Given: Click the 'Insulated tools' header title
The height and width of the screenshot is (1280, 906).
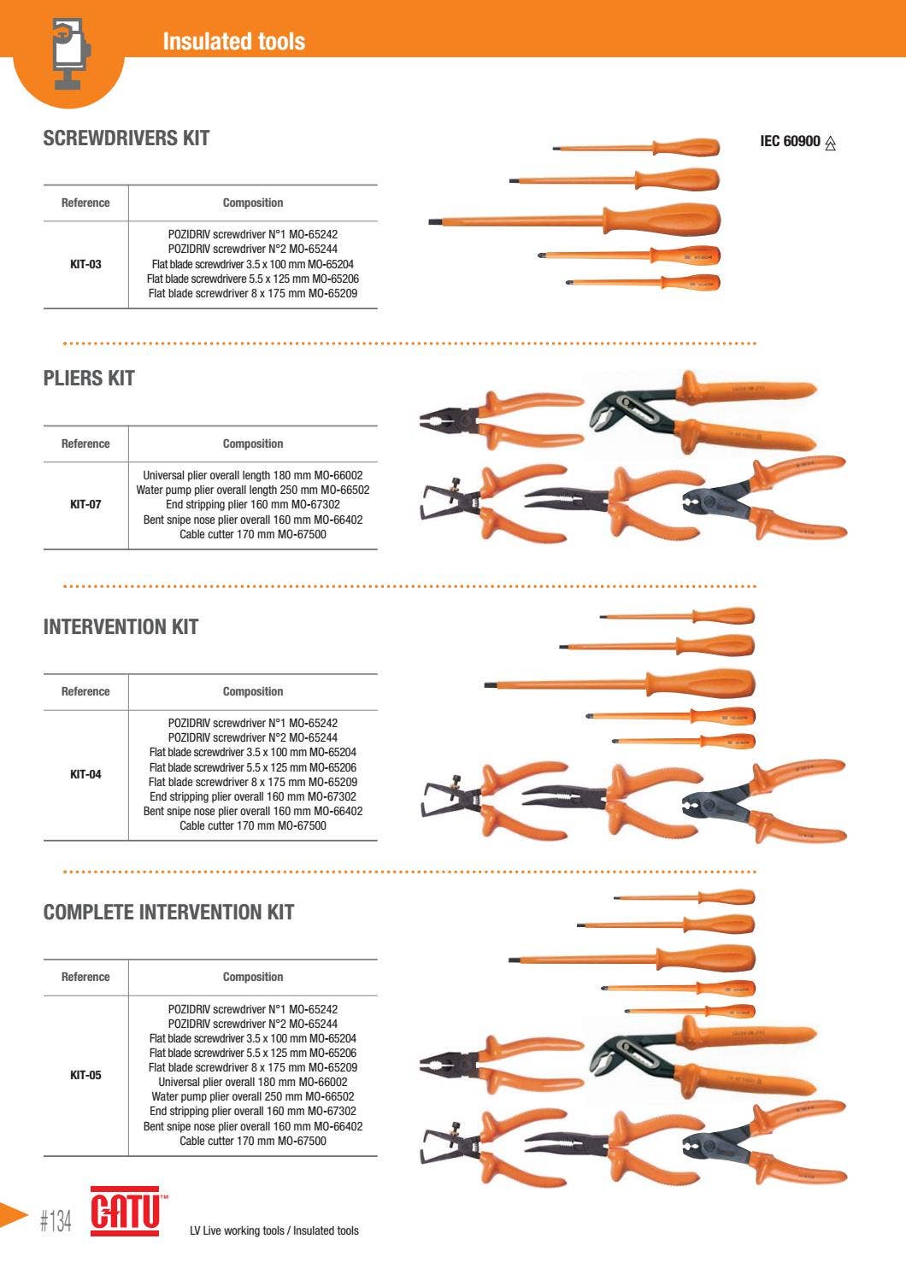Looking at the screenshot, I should click(x=233, y=41).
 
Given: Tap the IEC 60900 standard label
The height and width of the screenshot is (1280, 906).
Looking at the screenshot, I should click(x=790, y=142).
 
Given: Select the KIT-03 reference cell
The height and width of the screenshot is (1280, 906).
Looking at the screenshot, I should click(x=85, y=264).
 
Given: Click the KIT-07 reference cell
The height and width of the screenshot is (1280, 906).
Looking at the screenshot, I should click(x=85, y=504).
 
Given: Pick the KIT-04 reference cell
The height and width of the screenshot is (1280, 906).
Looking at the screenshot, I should click(x=85, y=774).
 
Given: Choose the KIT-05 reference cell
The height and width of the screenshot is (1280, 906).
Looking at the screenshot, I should click(x=85, y=1075).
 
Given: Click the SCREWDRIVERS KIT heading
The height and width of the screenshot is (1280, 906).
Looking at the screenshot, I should click(x=126, y=138).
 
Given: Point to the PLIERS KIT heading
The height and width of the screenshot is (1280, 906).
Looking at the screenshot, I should click(x=89, y=379).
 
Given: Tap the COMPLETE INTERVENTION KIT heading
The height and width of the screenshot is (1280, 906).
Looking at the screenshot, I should click(x=168, y=913).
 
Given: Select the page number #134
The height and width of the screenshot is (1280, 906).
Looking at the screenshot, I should click(x=56, y=1221).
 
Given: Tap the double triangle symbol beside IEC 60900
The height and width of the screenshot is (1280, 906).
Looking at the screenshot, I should click(x=831, y=144).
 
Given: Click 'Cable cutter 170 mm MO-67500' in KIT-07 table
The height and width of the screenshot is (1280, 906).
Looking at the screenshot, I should click(x=252, y=535).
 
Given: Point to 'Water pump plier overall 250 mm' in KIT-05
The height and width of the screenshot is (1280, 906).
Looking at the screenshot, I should click(x=252, y=1096).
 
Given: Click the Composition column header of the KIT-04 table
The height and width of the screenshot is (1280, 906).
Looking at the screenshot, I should click(x=252, y=691).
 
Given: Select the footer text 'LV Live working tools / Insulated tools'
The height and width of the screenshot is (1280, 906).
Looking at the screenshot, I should click(x=274, y=1230).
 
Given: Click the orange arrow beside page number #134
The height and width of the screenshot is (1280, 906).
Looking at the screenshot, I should click(x=13, y=1214).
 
